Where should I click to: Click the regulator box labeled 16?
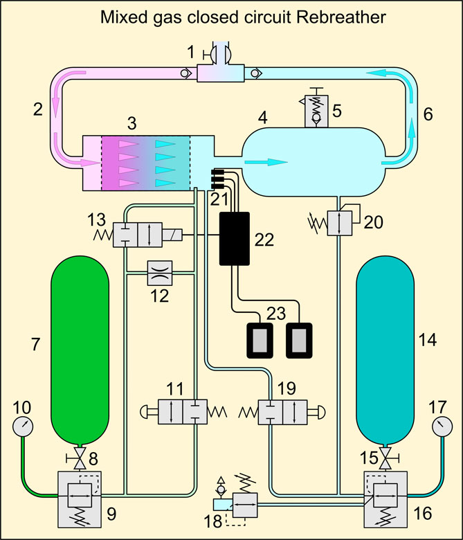[385, 493]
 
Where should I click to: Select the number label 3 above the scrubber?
[131, 123]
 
